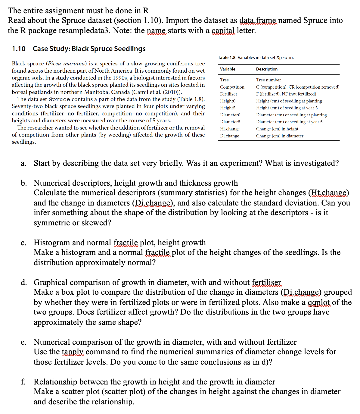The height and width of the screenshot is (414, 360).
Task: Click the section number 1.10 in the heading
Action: [19, 49]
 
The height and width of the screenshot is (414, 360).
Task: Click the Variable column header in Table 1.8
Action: [228, 69]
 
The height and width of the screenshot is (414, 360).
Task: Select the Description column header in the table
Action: [267, 69]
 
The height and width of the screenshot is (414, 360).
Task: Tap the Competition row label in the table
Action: [232, 87]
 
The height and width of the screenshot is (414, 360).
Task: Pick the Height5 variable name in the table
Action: [228, 108]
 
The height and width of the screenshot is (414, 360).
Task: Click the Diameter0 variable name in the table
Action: [230, 115]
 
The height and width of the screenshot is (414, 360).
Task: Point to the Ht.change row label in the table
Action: [230, 129]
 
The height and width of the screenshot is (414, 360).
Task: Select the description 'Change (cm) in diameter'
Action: [280, 136]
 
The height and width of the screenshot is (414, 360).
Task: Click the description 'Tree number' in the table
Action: [268, 80]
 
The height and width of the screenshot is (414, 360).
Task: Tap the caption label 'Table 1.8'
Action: [227, 58]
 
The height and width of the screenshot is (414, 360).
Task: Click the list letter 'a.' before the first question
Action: [23, 163]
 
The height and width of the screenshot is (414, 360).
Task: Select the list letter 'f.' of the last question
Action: [23, 382]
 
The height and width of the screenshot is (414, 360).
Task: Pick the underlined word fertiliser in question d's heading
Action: [266, 282]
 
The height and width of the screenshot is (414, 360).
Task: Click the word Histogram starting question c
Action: [52, 243]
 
